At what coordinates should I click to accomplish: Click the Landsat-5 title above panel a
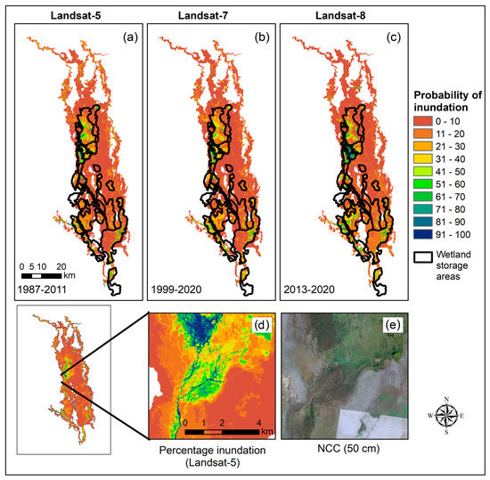coord(77,10)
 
